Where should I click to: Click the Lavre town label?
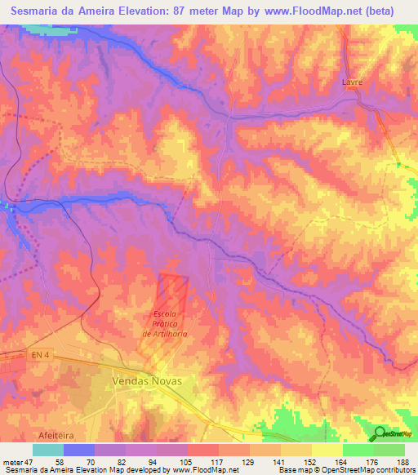(x=352, y=82)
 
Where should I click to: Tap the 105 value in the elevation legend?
(x=188, y=461)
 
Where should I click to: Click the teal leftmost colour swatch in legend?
(x=47, y=450)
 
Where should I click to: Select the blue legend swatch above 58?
(x=78, y=450)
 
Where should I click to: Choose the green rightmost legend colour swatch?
(x=389, y=450)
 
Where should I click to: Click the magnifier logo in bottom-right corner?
(x=381, y=433)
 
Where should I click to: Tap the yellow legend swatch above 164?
(x=327, y=450)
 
